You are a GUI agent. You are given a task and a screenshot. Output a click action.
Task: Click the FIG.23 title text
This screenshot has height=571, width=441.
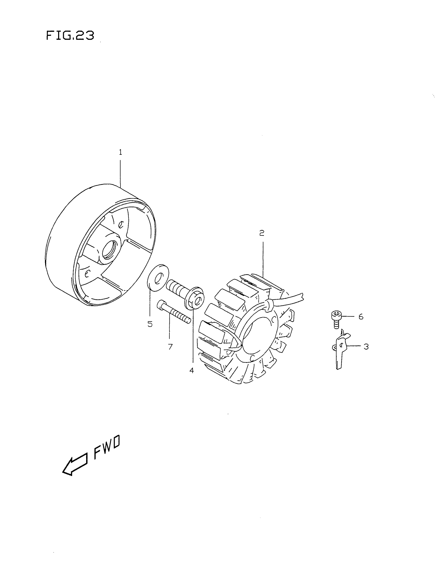[70, 36]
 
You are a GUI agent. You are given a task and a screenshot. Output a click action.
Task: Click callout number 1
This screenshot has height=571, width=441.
[120, 152]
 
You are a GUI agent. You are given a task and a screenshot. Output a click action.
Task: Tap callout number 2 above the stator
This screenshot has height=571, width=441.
[262, 233]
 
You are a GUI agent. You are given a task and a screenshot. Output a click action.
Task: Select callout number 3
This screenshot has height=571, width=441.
[366, 347]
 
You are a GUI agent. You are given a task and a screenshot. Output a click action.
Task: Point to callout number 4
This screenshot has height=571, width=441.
[192, 370]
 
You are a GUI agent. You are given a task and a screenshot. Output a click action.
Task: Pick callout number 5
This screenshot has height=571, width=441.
[150, 324]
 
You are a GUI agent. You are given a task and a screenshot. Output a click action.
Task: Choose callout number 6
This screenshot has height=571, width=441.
[361, 317]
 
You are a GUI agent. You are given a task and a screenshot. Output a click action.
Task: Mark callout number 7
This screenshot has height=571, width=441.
[170, 347]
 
